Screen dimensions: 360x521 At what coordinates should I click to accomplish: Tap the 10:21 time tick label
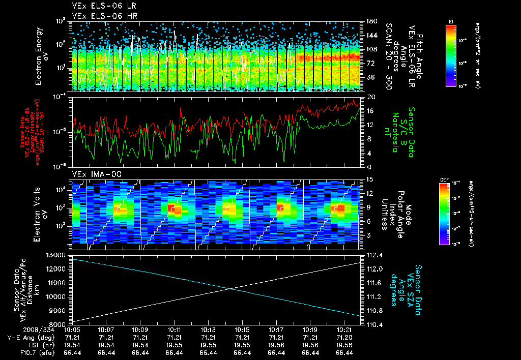click(344, 329)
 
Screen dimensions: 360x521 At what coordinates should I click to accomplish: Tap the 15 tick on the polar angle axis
click(370, 179)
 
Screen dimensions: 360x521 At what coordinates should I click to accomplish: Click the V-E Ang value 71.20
click(344, 337)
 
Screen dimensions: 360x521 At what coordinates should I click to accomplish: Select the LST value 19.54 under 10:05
click(72, 345)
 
